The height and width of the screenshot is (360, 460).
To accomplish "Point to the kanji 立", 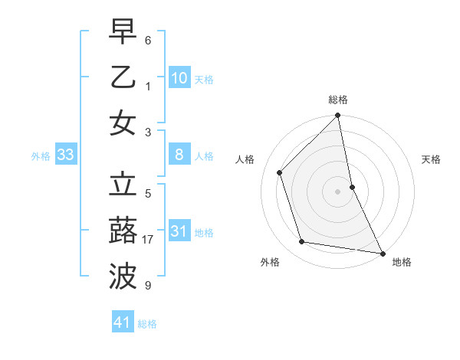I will pyautogui.click(x=123, y=185).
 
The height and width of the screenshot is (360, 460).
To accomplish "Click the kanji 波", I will pyautogui.click(x=123, y=275).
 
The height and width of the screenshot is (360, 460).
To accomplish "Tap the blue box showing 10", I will pyautogui.click(x=179, y=77).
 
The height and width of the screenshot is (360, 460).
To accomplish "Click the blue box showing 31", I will pyautogui.click(x=179, y=231).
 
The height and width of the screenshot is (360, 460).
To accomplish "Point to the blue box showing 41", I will pyautogui.click(x=123, y=322).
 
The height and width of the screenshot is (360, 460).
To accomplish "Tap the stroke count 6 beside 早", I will pyautogui.click(x=148, y=40).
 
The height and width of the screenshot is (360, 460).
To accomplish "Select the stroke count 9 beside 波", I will pyautogui.click(x=148, y=286).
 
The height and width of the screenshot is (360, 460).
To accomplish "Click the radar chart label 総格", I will pyautogui.click(x=338, y=100).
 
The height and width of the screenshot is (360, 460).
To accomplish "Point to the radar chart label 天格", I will pyautogui.click(x=431, y=159).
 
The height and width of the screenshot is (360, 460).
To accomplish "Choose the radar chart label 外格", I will pyautogui.click(x=270, y=262).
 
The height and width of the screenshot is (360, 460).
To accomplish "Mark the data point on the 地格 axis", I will pyautogui.click(x=382, y=253).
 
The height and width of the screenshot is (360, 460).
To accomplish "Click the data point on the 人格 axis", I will pyautogui.click(x=280, y=172).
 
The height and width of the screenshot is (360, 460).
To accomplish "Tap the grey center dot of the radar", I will pyautogui.click(x=338, y=191).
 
